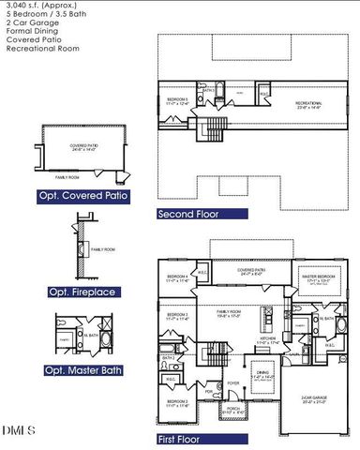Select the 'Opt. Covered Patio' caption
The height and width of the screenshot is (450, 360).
click(83, 196)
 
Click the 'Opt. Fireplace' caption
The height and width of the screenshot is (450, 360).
click(82, 292)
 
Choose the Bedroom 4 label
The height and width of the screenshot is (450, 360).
click(178, 278)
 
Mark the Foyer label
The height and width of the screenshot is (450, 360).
click(206, 383)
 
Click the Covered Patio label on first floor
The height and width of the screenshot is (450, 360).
click(252, 271)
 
